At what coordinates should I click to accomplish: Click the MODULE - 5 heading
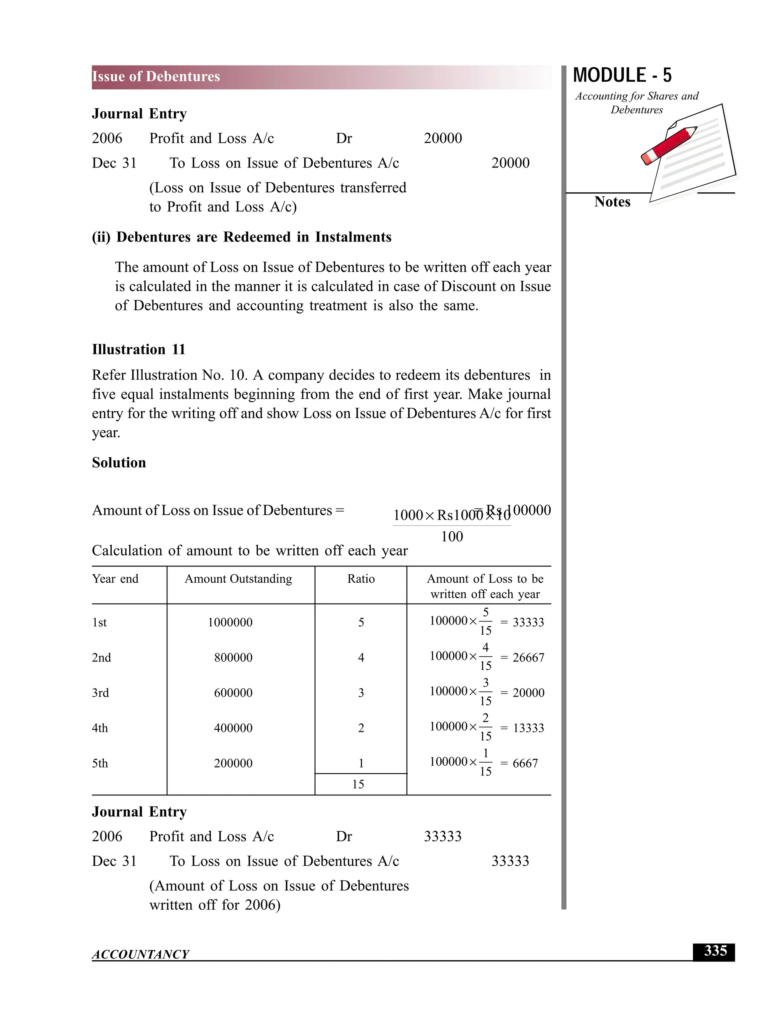pos(622,76)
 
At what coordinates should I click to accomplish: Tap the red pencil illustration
pos(669,145)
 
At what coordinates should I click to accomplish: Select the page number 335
pos(715,951)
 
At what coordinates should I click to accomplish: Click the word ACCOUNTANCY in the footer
pos(141,954)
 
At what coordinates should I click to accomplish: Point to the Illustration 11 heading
pos(138,349)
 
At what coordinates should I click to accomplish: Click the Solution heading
pos(119,462)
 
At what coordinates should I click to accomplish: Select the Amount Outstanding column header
pos(238,579)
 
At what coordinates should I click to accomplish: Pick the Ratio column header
pos(361,579)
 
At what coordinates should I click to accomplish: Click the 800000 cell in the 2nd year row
pos(233,657)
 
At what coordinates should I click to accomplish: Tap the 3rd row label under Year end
pos(100,692)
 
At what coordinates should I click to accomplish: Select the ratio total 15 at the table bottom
pos(358,784)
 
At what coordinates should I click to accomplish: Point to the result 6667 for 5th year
pos(525,763)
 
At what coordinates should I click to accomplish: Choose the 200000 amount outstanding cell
pos(233,763)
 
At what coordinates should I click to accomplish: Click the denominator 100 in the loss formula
pos(452,536)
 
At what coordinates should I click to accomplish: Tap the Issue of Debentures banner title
pos(156,76)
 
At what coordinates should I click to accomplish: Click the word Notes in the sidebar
pos(612,202)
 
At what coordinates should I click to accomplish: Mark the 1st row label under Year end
pos(100,622)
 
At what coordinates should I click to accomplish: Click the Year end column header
pos(115,579)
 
